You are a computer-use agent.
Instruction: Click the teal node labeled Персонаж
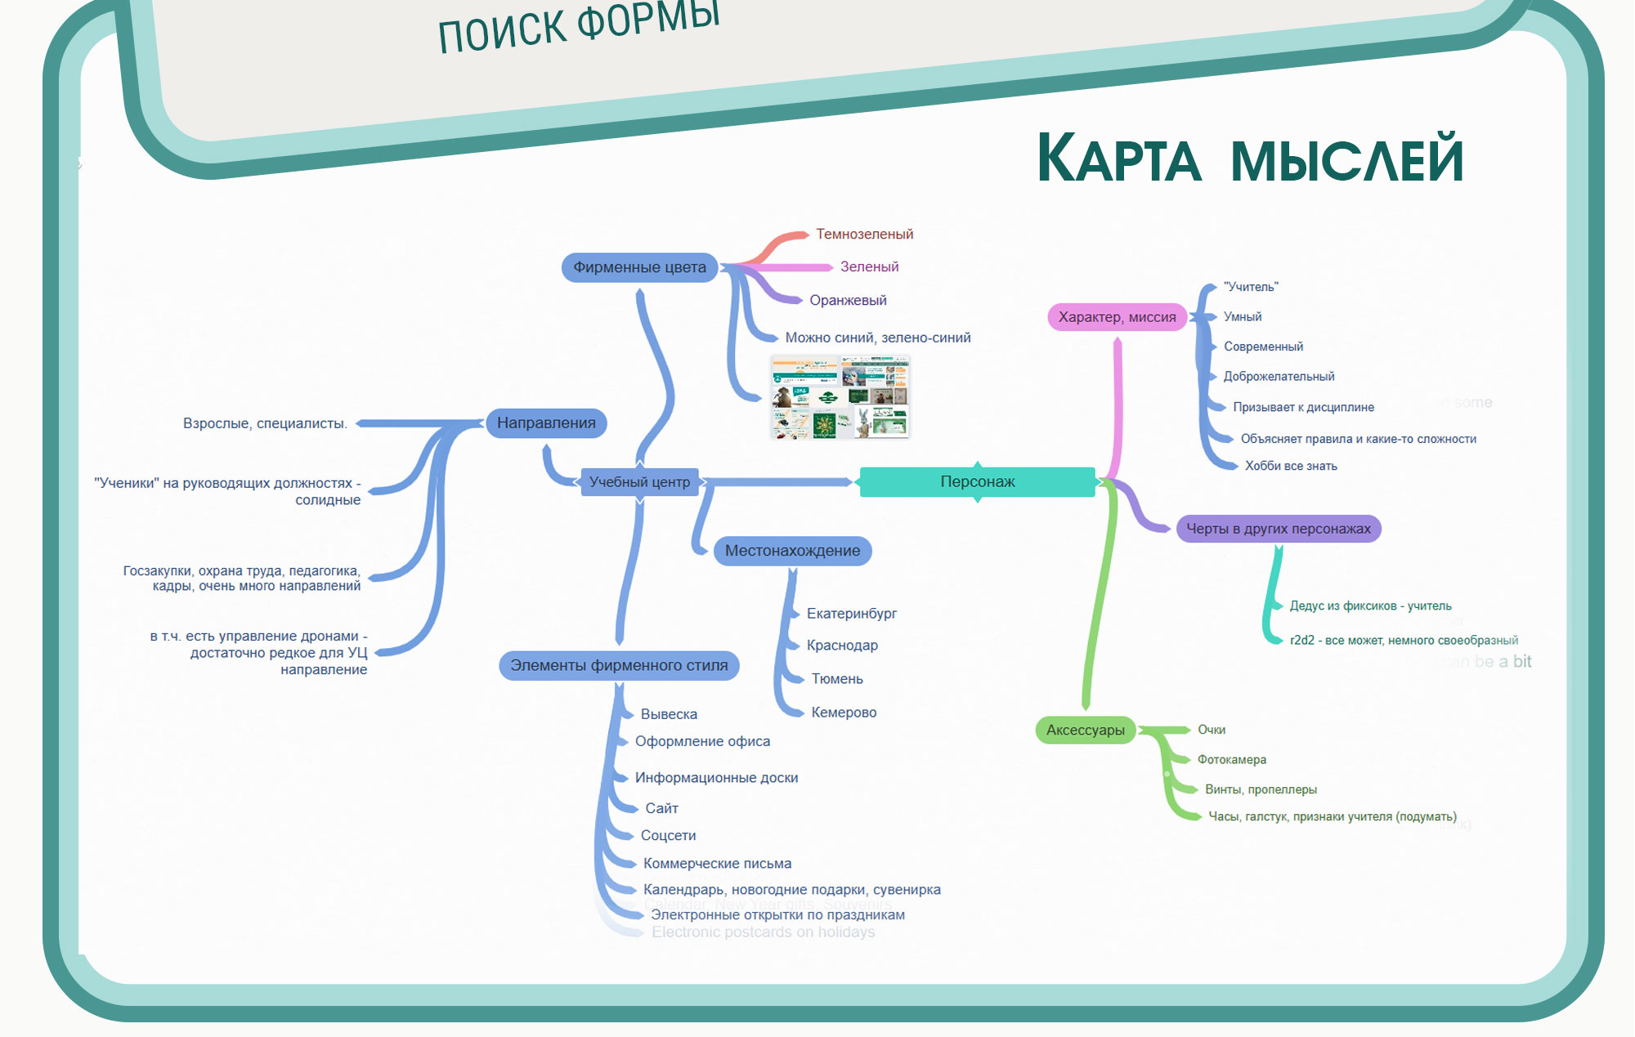(977, 482)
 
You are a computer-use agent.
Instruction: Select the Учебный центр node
(639, 482)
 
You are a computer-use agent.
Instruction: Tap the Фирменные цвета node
(639, 267)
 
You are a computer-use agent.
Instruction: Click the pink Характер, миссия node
(1117, 317)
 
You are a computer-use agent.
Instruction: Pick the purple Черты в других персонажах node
(1278, 529)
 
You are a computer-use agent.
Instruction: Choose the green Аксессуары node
(1085, 730)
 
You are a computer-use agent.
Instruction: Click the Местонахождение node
(792, 551)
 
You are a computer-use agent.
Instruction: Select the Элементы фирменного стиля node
(619, 665)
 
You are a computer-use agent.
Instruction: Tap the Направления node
(546, 423)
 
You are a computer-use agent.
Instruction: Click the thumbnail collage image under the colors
(840, 397)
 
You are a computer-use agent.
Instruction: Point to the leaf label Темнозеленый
(864, 235)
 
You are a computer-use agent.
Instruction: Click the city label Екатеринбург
(851, 614)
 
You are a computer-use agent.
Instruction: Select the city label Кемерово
(844, 713)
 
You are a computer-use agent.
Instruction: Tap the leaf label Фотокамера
(1231, 760)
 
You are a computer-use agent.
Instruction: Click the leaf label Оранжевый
(848, 301)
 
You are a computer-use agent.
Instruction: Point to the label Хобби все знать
(1291, 467)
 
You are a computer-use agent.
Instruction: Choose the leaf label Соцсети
(668, 836)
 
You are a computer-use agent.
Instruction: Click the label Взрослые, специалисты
(265, 423)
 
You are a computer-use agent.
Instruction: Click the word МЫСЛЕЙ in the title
(1346, 160)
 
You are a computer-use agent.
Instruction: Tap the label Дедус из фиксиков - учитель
(1370, 606)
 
